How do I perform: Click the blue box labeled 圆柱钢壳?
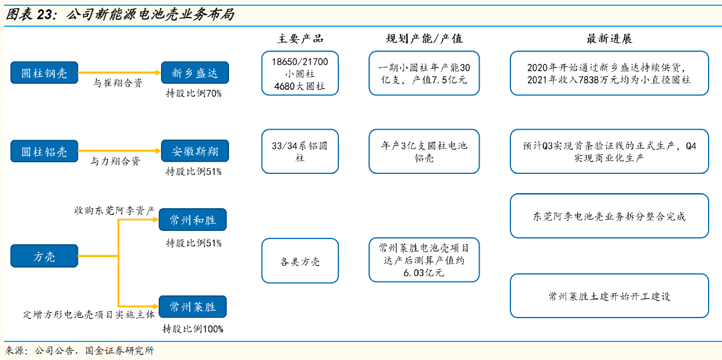(x=44, y=73)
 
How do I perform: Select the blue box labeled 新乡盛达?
(x=195, y=73)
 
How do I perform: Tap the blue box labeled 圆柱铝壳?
(x=44, y=151)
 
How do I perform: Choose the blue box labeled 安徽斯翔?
(x=195, y=151)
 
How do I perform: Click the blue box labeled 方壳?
(x=44, y=256)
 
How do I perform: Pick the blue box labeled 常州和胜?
(x=192, y=220)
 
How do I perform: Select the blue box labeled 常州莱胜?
(x=192, y=306)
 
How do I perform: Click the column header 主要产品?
(x=300, y=39)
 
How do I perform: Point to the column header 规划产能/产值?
(x=424, y=39)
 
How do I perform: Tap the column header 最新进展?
(x=609, y=39)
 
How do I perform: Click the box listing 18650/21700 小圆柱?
(x=300, y=73)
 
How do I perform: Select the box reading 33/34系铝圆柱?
(x=300, y=151)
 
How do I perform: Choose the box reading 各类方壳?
(x=300, y=261)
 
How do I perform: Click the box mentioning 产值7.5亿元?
(x=424, y=73)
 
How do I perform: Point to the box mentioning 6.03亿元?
(x=424, y=260)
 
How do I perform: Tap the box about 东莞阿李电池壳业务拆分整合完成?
(x=609, y=216)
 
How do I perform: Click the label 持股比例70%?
(x=194, y=93)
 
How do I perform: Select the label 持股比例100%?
(x=192, y=329)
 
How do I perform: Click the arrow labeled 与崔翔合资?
(x=119, y=73)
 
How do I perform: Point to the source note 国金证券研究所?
(x=119, y=351)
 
